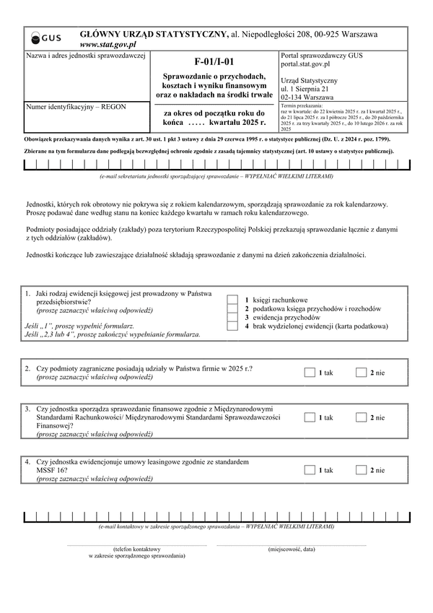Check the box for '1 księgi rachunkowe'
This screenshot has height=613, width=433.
(232, 300)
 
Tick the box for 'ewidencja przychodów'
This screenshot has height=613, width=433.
(232, 318)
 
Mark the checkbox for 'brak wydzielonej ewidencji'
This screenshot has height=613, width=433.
(232, 326)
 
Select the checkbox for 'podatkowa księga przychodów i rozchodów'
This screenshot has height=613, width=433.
(232, 309)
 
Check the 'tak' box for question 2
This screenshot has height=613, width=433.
(310, 373)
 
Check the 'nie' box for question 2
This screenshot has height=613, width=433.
(362, 373)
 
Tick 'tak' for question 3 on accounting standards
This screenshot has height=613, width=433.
(310, 417)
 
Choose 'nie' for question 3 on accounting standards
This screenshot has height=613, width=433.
(362, 417)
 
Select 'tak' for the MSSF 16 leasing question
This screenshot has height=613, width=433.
(310, 470)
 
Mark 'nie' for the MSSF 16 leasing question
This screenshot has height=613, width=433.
(362, 470)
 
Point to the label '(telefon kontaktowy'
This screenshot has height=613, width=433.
(136, 549)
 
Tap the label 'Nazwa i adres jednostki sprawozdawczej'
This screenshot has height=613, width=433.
(86, 56)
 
